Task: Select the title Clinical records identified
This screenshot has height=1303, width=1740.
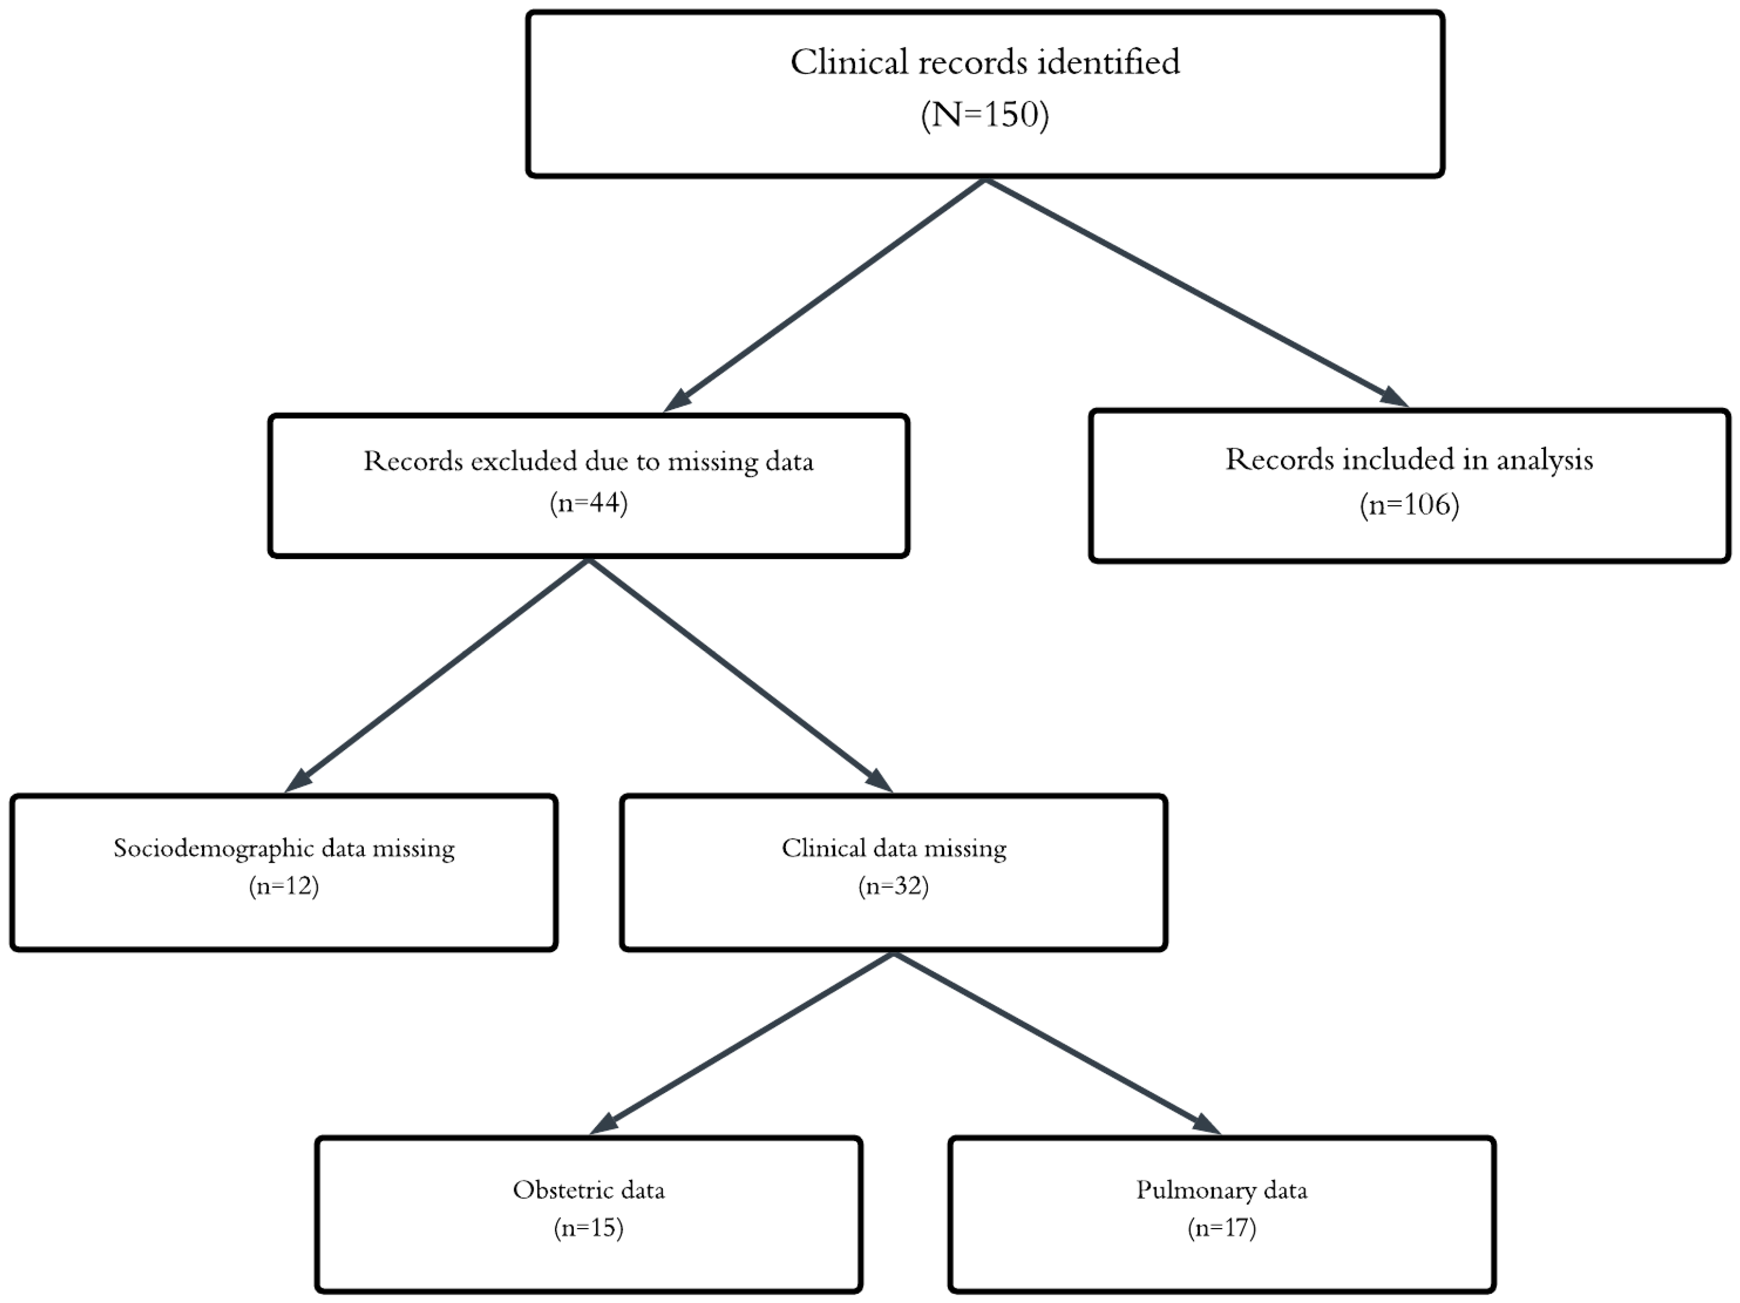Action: coord(985,62)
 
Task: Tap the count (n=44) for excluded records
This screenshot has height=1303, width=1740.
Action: coord(589,503)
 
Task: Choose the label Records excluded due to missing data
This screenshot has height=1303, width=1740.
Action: coord(589,461)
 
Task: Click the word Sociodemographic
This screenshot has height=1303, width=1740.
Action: coord(205,848)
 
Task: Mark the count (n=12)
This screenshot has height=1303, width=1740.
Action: coord(284,887)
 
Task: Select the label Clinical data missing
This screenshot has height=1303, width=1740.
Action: coord(894,848)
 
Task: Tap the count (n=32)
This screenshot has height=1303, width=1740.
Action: coord(894,887)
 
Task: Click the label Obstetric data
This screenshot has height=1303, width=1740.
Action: coord(589,1189)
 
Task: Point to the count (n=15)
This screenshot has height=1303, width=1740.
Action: coord(589,1228)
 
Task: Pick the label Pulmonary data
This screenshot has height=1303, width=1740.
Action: coord(1222,1189)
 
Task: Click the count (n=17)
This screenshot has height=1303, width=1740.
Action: coord(1222,1228)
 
